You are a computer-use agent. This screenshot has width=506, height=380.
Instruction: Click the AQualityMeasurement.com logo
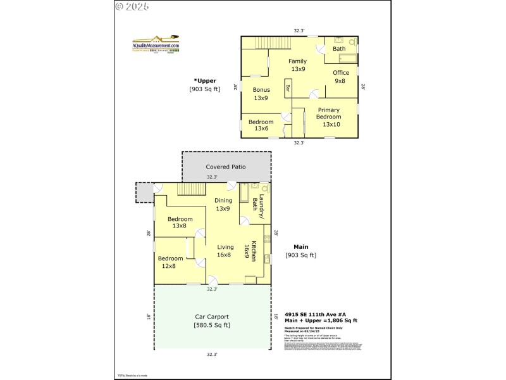[x=156, y=45]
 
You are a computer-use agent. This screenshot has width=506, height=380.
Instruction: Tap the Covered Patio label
[x=225, y=167]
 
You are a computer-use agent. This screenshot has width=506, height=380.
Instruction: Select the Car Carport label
[x=212, y=317]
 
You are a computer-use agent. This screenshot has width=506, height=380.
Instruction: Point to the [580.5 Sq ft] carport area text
[x=212, y=326]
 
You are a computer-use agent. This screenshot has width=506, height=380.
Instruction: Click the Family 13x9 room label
[x=298, y=65]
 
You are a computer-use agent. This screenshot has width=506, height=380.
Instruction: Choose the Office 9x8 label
[x=341, y=77]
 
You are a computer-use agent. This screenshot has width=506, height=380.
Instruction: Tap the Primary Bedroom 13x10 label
[x=328, y=117]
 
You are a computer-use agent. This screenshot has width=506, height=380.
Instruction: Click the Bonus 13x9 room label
[x=261, y=94]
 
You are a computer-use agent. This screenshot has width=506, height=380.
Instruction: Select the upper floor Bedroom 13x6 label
[x=261, y=125]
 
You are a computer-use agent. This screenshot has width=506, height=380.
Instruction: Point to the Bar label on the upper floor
[x=288, y=89]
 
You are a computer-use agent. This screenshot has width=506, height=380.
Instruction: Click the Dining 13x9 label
[x=223, y=205]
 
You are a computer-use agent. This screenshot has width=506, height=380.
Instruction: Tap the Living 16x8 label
[x=225, y=251]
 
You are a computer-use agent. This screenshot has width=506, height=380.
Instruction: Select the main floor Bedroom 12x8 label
[x=170, y=262]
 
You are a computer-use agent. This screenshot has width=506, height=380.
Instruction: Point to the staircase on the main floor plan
[x=191, y=189]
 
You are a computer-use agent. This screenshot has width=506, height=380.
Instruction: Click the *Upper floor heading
[x=205, y=80]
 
